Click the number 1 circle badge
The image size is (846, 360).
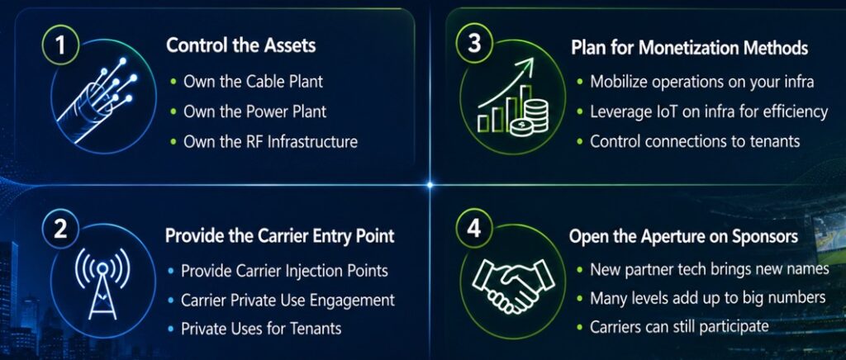click(59, 45)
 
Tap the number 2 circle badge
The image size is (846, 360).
click(59, 230)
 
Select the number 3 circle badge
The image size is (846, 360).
click(474, 43)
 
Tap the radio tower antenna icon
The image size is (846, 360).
click(102, 282)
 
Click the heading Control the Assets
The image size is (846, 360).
click(240, 45)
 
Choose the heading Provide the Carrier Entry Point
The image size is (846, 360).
click(280, 236)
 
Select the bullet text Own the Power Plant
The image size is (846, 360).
click(255, 112)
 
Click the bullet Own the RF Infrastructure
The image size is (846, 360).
click(270, 142)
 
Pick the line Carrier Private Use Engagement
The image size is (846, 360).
click(288, 300)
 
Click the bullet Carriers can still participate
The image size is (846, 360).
click(679, 327)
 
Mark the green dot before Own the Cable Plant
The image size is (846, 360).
click(173, 82)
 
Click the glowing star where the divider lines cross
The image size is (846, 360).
click(430, 185)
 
